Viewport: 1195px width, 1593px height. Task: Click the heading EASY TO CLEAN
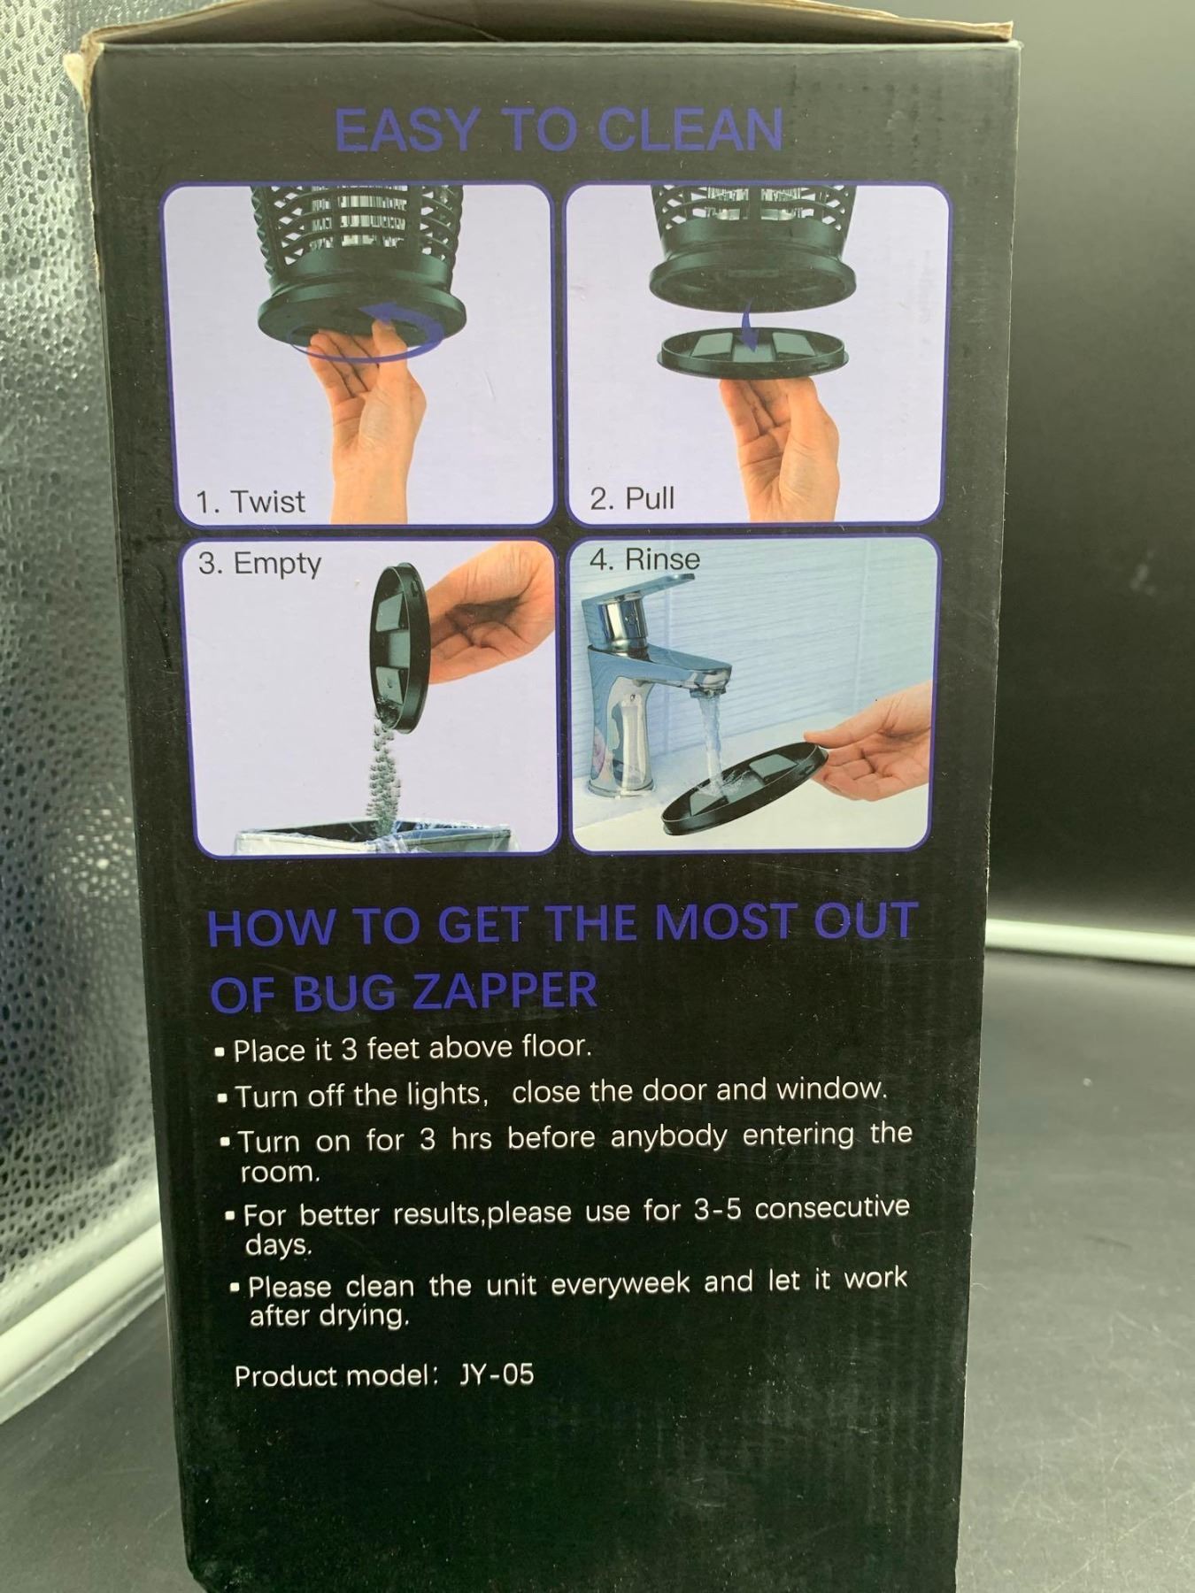(x=559, y=131)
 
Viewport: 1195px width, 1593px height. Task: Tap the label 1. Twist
(x=251, y=502)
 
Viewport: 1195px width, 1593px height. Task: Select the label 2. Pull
(x=632, y=498)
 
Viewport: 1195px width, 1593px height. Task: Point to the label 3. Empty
(x=259, y=564)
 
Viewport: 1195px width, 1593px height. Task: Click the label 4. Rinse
(x=644, y=559)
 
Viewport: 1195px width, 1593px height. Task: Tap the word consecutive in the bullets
(x=832, y=1207)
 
